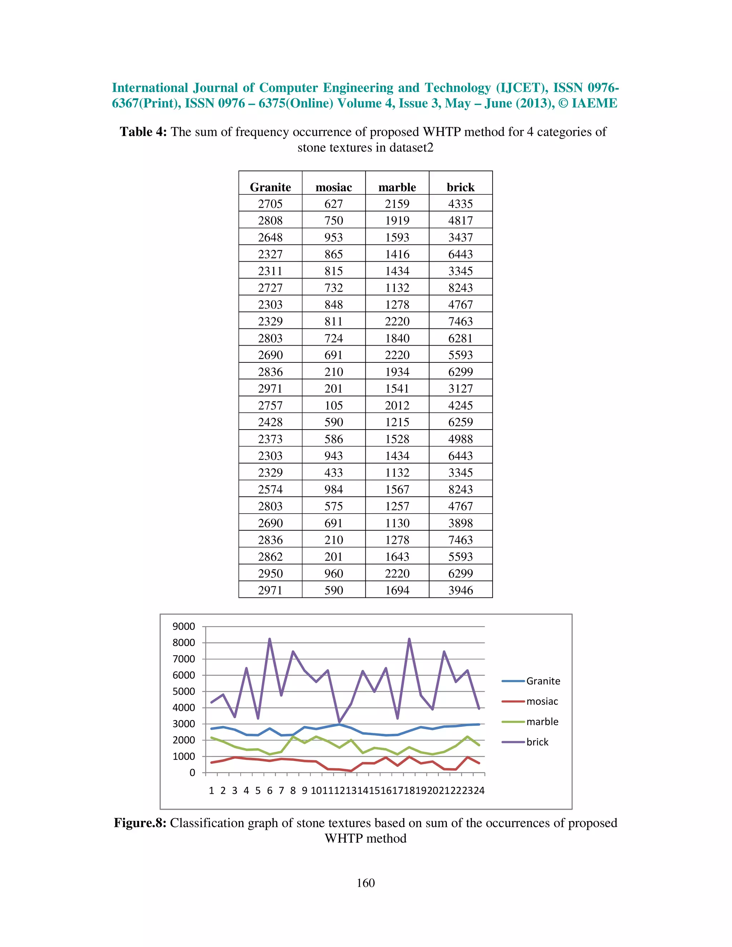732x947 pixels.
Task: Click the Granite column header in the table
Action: point(270,187)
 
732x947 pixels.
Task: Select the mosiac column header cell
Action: point(333,187)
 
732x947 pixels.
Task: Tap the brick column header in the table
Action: point(460,187)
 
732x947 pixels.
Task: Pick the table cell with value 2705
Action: point(270,204)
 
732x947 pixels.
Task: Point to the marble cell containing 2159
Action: point(397,204)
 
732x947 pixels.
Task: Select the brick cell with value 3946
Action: point(460,590)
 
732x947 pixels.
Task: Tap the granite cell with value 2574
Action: point(270,490)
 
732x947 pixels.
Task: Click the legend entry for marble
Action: point(542,722)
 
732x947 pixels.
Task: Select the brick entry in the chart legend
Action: point(537,742)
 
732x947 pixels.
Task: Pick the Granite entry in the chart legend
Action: point(543,681)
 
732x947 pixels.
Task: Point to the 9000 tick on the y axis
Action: point(184,626)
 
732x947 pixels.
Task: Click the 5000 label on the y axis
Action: point(184,691)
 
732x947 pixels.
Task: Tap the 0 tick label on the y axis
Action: point(192,773)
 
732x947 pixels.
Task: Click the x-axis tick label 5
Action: point(258,790)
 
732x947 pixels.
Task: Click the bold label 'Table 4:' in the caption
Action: point(143,132)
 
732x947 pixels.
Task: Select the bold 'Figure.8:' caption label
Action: point(140,823)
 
